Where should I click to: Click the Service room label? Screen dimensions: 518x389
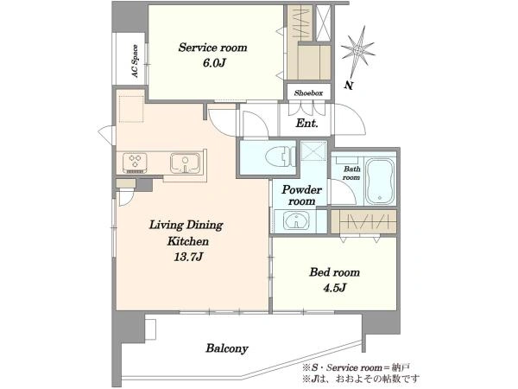click(212, 48)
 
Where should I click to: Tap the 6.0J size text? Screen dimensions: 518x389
click(214, 63)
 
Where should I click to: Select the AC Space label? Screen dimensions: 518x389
click(136, 61)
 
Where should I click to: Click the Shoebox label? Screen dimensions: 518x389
click(308, 93)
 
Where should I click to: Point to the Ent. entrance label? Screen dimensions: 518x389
click(306, 124)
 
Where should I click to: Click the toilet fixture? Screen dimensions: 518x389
click(280, 156)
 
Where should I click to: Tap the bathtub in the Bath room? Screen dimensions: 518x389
click(380, 182)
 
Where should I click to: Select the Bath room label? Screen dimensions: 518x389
click(352, 173)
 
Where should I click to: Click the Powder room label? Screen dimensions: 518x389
click(301, 195)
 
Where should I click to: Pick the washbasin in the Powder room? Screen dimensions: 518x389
click(297, 220)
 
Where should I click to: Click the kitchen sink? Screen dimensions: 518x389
click(185, 163)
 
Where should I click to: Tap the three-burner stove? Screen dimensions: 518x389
click(135, 163)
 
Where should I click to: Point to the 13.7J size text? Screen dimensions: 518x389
click(188, 257)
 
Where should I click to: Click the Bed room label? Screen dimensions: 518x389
click(334, 272)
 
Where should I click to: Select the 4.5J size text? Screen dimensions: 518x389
click(334, 288)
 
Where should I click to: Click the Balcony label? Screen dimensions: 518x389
click(226, 348)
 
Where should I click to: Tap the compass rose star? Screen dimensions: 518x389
click(357, 50)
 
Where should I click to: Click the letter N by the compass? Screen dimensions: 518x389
click(348, 85)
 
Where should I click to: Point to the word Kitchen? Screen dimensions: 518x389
click(187, 241)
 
